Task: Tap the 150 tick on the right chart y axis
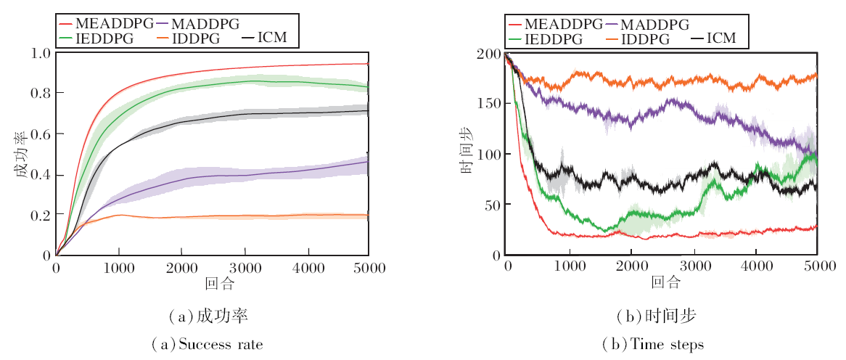(489, 104)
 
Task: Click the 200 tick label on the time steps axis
(489, 53)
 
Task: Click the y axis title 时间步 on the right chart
(469, 154)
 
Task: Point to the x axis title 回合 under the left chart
(213, 282)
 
